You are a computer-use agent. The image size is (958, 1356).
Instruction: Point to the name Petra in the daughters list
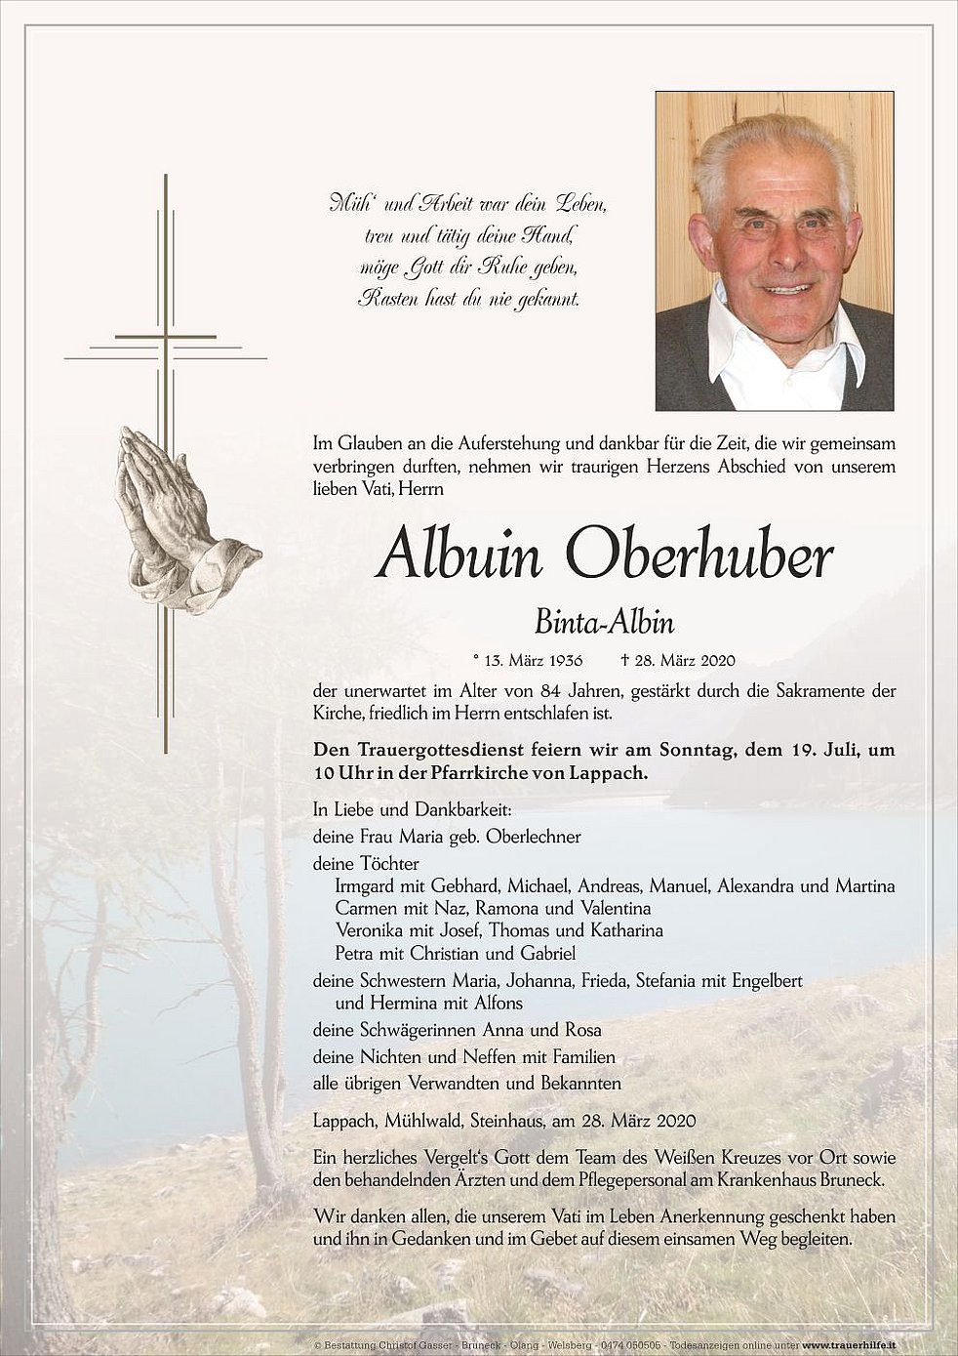coord(354,953)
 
